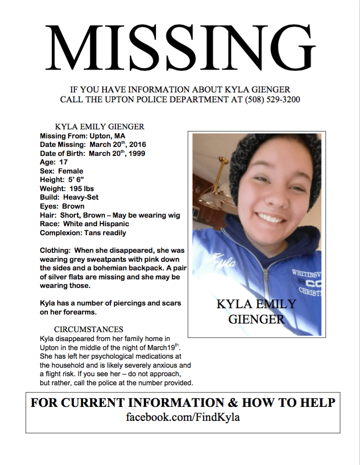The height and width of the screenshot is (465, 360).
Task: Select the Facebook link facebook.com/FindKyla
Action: (x=182, y=417)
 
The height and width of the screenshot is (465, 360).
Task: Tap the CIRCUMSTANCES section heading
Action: (x=88, y=329)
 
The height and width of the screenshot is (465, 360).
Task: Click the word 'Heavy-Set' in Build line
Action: (x=81, y=197)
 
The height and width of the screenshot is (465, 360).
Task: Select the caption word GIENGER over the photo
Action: (x=256, y=319)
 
